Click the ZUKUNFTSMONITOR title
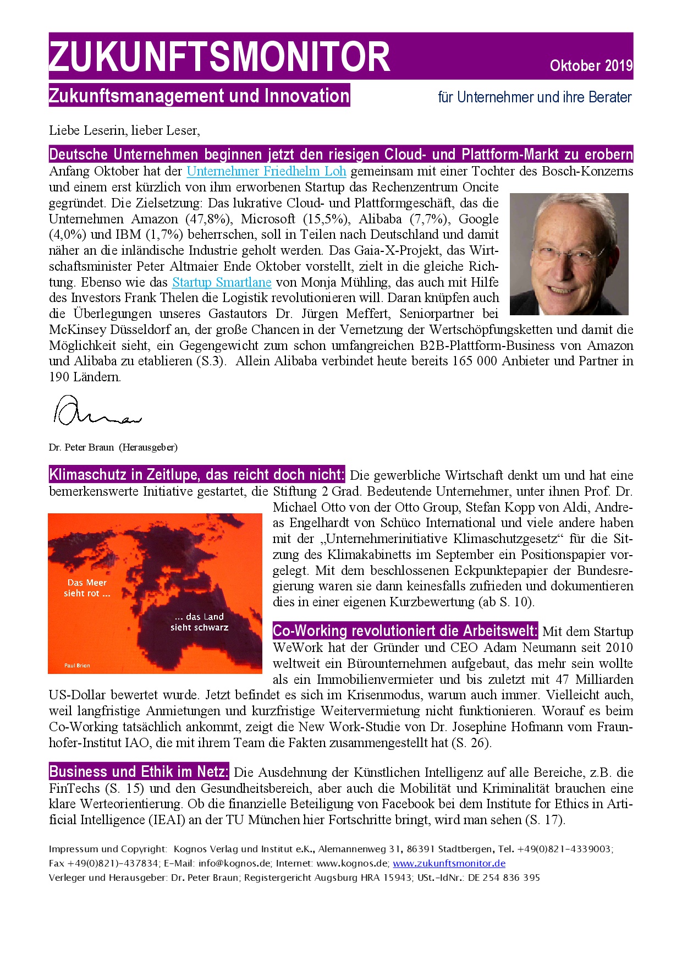click(220, 57)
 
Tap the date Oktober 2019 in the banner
click(591, 65)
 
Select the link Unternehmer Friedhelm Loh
click(266, 171)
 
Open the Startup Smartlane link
click(222, 282)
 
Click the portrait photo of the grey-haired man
click(569, 254)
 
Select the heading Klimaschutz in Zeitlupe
click(197, 474)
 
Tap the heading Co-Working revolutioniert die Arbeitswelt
click(405, 630)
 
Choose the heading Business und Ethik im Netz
click(139, 771)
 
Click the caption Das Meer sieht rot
click(87, 588)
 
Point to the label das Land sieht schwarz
click(199, 622)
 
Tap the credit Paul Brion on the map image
click(77, 665)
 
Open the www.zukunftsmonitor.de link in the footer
click(449, 863)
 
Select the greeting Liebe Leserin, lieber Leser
click(124, 130)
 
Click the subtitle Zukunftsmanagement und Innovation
click(199, 96)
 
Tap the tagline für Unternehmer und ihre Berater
click(535, 97)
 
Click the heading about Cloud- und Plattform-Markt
click(341, 154)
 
